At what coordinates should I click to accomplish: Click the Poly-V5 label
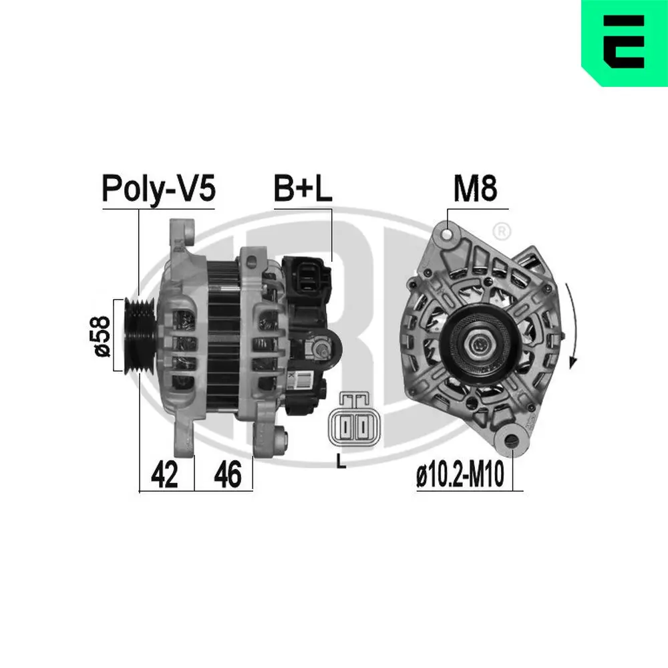158,189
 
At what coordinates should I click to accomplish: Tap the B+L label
302,190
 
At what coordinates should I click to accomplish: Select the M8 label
475,190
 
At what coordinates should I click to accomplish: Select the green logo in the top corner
624,43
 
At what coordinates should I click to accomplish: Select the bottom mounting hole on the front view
511,440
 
